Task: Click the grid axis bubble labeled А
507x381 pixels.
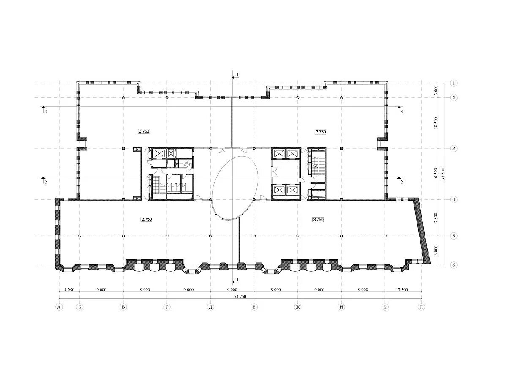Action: coord(59,307)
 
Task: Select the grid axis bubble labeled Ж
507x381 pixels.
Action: coord(298,307)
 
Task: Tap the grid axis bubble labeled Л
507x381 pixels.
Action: coord(422,307)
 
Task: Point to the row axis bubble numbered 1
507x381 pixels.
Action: coord(454,83)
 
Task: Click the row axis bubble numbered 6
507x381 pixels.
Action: coord(454,265)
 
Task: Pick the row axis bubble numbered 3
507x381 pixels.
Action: coord(454,149)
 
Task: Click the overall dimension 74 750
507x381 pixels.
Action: coord(240,296)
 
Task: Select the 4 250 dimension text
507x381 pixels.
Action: coord(69,290)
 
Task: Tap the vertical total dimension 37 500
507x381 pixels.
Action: coord(442,174)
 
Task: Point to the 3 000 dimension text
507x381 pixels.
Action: coord(436,90)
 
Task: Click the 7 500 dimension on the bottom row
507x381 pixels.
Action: coord(403,290)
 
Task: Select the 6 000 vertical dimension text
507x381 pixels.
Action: coord(436,251)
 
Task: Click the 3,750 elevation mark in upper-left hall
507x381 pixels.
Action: coord(144,131)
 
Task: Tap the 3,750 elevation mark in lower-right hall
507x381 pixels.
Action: coord(318,219)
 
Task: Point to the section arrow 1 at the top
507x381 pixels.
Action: coord(235,76)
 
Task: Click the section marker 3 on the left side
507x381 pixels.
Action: coord(44,110)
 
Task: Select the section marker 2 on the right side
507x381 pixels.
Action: coord(400,180)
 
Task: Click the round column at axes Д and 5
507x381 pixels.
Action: coord(210,236)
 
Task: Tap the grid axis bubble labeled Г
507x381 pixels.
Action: coord(167,307)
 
